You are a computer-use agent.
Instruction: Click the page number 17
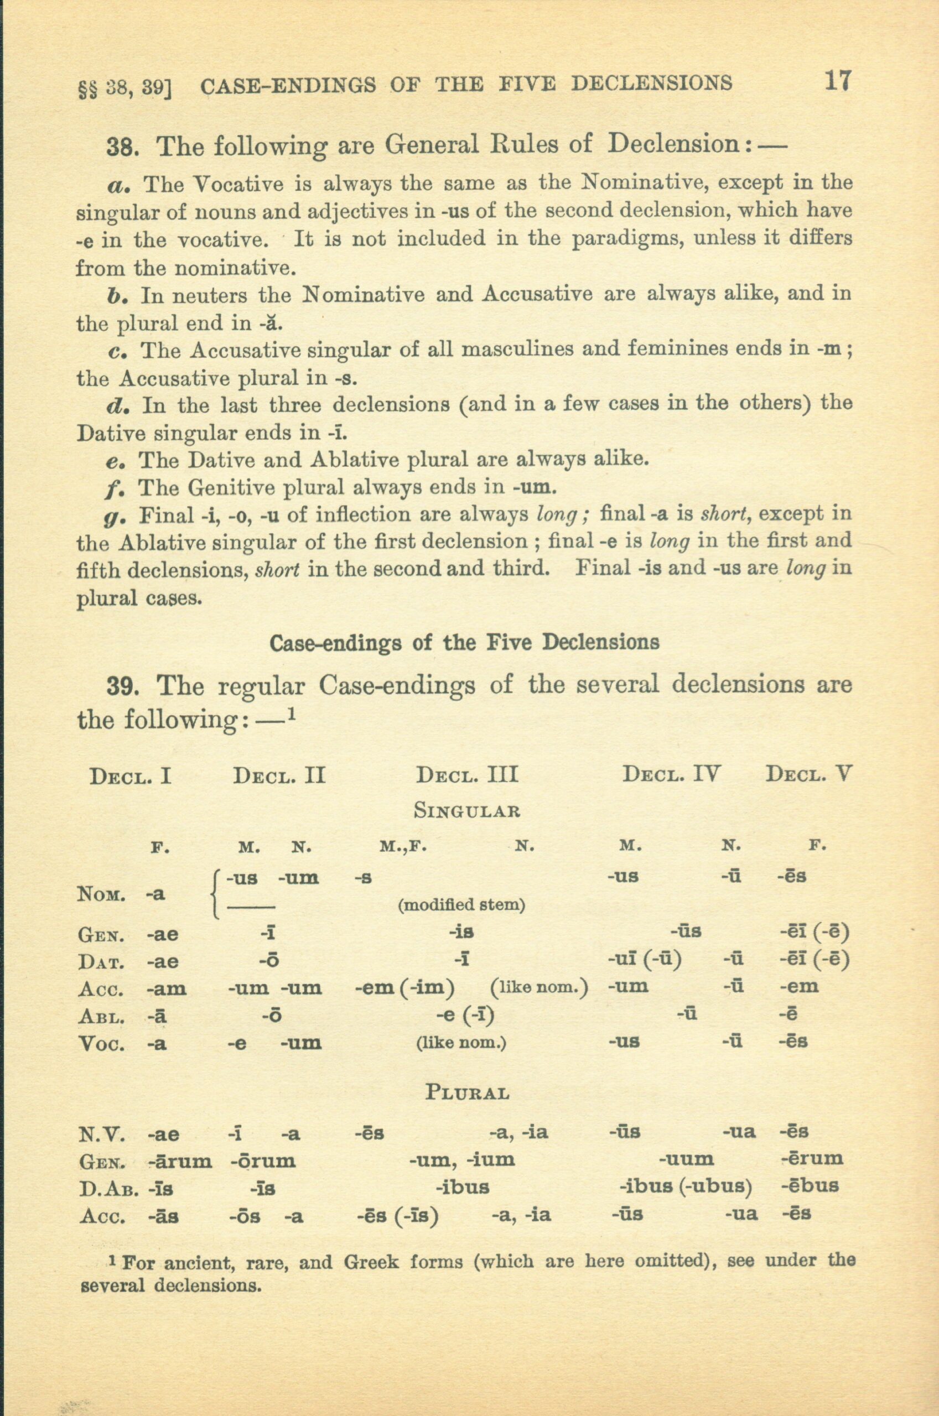click(837, 81)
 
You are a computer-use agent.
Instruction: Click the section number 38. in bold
click(123, 147)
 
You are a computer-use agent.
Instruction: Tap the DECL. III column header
click(467, 775)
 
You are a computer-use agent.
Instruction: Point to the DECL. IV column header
click(671, 775)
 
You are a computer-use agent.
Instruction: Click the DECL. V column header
click(808, 775)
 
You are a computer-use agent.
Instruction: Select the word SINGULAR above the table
click(467, 811)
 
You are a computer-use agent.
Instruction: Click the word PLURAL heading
click(467, 1093)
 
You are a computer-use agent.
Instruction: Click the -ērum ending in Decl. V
click(812, 1159)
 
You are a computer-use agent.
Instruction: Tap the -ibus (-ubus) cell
click(684, 1188)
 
